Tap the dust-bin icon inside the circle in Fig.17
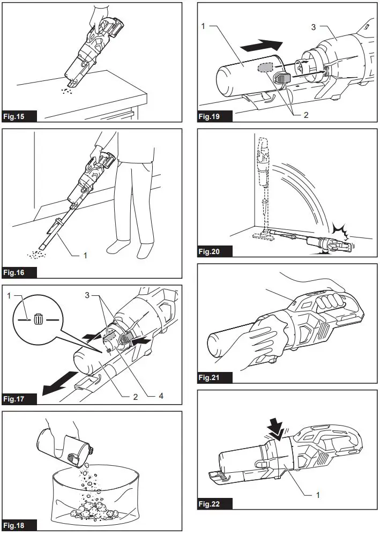tap(38, 318)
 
